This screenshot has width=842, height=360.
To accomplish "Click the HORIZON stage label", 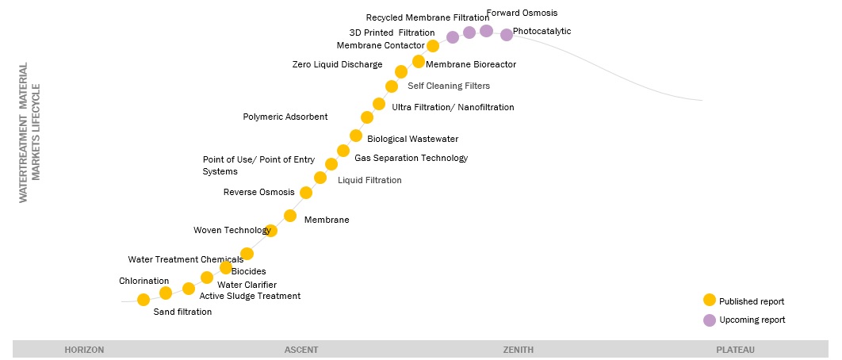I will pyautogui.click(x=84, y=350).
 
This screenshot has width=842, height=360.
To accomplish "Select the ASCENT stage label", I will pyautogui.click(x=301, y=350).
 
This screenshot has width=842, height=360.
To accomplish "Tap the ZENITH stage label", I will pyautogui.click(x=519, y=350).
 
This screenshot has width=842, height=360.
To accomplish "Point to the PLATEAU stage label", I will pyautogui.click(x=735, y=350).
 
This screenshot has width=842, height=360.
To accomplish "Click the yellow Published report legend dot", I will pyautogui.click(x=710, y=301).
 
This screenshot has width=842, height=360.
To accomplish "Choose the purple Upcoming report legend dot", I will pyautogui.click(x=710, y=320).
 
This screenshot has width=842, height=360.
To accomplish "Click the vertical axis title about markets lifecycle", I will pyautogui.click(x=29, y=133).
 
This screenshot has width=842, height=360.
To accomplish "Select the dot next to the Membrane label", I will pyautogui.click(x=290, y=216).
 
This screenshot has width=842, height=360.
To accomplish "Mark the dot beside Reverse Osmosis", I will pyautogui.click(x=306, y=193).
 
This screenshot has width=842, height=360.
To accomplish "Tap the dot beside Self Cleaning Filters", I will pyautogui.click(x=392, y=86).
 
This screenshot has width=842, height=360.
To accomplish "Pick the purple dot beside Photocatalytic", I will pyautogui.click(x=507, y=34).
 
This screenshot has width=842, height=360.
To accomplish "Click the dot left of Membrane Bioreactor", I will pyautogui.click(x=419, y=62).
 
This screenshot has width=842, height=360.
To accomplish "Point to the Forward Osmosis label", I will pyautogui.click(x=522, y=13).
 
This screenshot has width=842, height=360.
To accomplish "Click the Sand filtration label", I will pyautogui.click(x=182, y=312).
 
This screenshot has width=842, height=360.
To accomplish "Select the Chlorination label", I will pyautogui.click(x=144, y=281).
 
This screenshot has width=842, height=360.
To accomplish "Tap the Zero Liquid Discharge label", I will pyautogui.click(x=337, y=64).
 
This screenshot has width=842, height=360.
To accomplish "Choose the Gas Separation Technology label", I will pyautogui.click(x=411, y=158).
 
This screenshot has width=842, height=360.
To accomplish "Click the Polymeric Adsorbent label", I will pyautogui.click(x=285, y=117).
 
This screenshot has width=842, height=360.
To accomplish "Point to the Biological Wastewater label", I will pyautogui.click(x=412, y=139).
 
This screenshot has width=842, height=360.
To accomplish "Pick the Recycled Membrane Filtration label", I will pyautogui.click(x=427, y=17).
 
